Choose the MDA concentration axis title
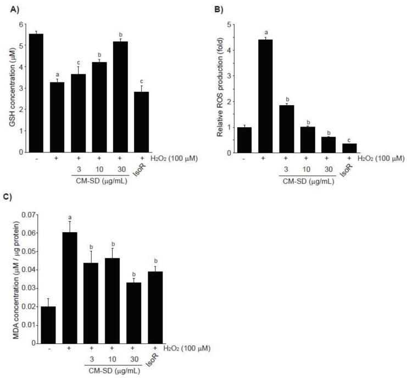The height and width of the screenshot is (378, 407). pos(7,278)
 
